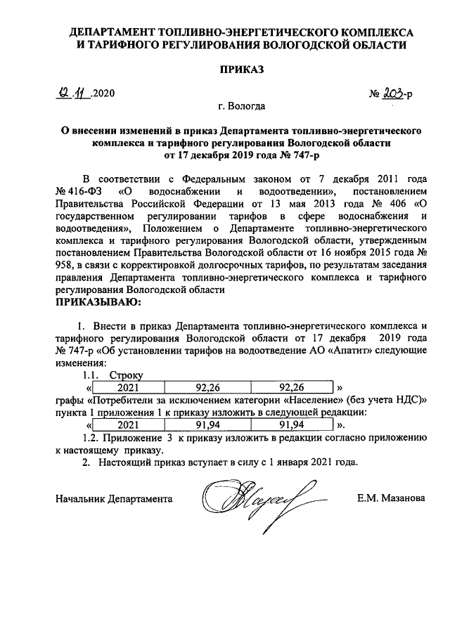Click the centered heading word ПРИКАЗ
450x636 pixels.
(x=240, y=71)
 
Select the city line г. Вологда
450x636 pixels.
(x=241, y=107)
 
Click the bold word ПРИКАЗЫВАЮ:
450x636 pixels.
(x=98, y=303)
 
